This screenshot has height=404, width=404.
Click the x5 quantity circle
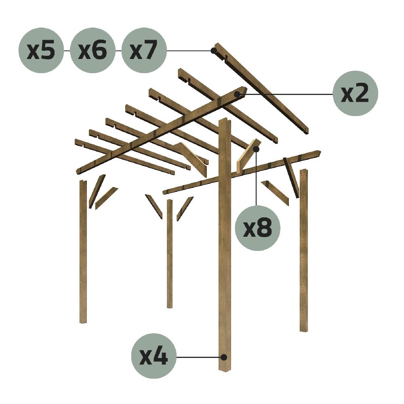coord(41,50)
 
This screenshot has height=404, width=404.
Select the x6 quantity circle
coord(93,50)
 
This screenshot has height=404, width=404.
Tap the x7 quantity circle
coord(144,50)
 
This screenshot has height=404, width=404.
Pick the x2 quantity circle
coord(355,94)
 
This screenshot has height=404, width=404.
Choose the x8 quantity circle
coord(257,228)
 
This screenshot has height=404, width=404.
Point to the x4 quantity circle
coord(154,356)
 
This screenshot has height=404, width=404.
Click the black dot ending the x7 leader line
coord(213,50)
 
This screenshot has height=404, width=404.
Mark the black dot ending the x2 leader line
coord(241,94)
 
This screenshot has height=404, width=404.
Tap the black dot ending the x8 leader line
coord(256,149)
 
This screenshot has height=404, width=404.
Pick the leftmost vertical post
coord(83,250)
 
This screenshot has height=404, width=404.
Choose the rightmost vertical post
coord(303,250)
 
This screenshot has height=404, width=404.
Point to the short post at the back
coord(170,255)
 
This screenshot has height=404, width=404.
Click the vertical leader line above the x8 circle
coord(256,178)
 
